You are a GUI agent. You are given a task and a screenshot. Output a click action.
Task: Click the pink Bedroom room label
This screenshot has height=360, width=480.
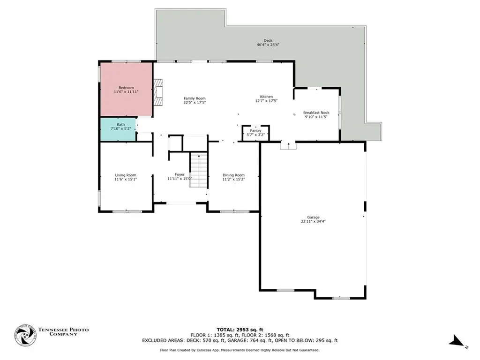(126, 88)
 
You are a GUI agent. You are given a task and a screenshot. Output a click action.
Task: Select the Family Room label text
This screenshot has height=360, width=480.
(194, 98)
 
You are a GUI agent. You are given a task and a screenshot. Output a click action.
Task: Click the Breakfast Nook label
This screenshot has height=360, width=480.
(316, 112)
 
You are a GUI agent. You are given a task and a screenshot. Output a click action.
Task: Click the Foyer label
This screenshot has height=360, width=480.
(180, 174)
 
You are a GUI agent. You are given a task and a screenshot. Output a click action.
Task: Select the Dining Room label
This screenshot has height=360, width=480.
(233, 175)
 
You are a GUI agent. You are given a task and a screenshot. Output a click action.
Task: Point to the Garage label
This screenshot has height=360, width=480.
(313, 217)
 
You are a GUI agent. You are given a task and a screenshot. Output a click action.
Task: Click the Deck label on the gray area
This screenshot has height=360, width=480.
(268, 41)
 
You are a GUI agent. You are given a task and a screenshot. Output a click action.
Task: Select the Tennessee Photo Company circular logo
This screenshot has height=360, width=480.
(25, 335)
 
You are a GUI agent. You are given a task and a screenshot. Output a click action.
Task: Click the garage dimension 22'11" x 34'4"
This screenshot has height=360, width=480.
(313, 221)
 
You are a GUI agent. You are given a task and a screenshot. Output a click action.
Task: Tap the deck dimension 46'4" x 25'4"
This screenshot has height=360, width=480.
(268, 45)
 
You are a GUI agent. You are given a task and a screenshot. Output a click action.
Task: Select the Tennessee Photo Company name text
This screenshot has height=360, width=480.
(63, 332)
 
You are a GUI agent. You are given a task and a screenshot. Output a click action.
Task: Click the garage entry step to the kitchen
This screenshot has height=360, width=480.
(288, 146)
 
